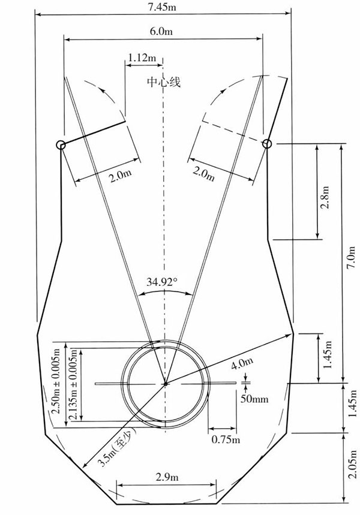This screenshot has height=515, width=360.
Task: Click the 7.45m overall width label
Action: tap(162, 7)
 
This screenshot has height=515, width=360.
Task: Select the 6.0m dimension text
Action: tap(161, 31)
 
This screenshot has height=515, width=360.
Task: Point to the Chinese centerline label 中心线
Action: tap(164, 82)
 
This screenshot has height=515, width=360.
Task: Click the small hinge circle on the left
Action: tap(61, 145)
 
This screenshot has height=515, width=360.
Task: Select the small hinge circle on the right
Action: tap(267, 143)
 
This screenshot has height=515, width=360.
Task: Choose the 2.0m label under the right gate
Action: tap(204, 173)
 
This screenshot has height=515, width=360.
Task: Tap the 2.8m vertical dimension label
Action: tap(325, 197)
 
